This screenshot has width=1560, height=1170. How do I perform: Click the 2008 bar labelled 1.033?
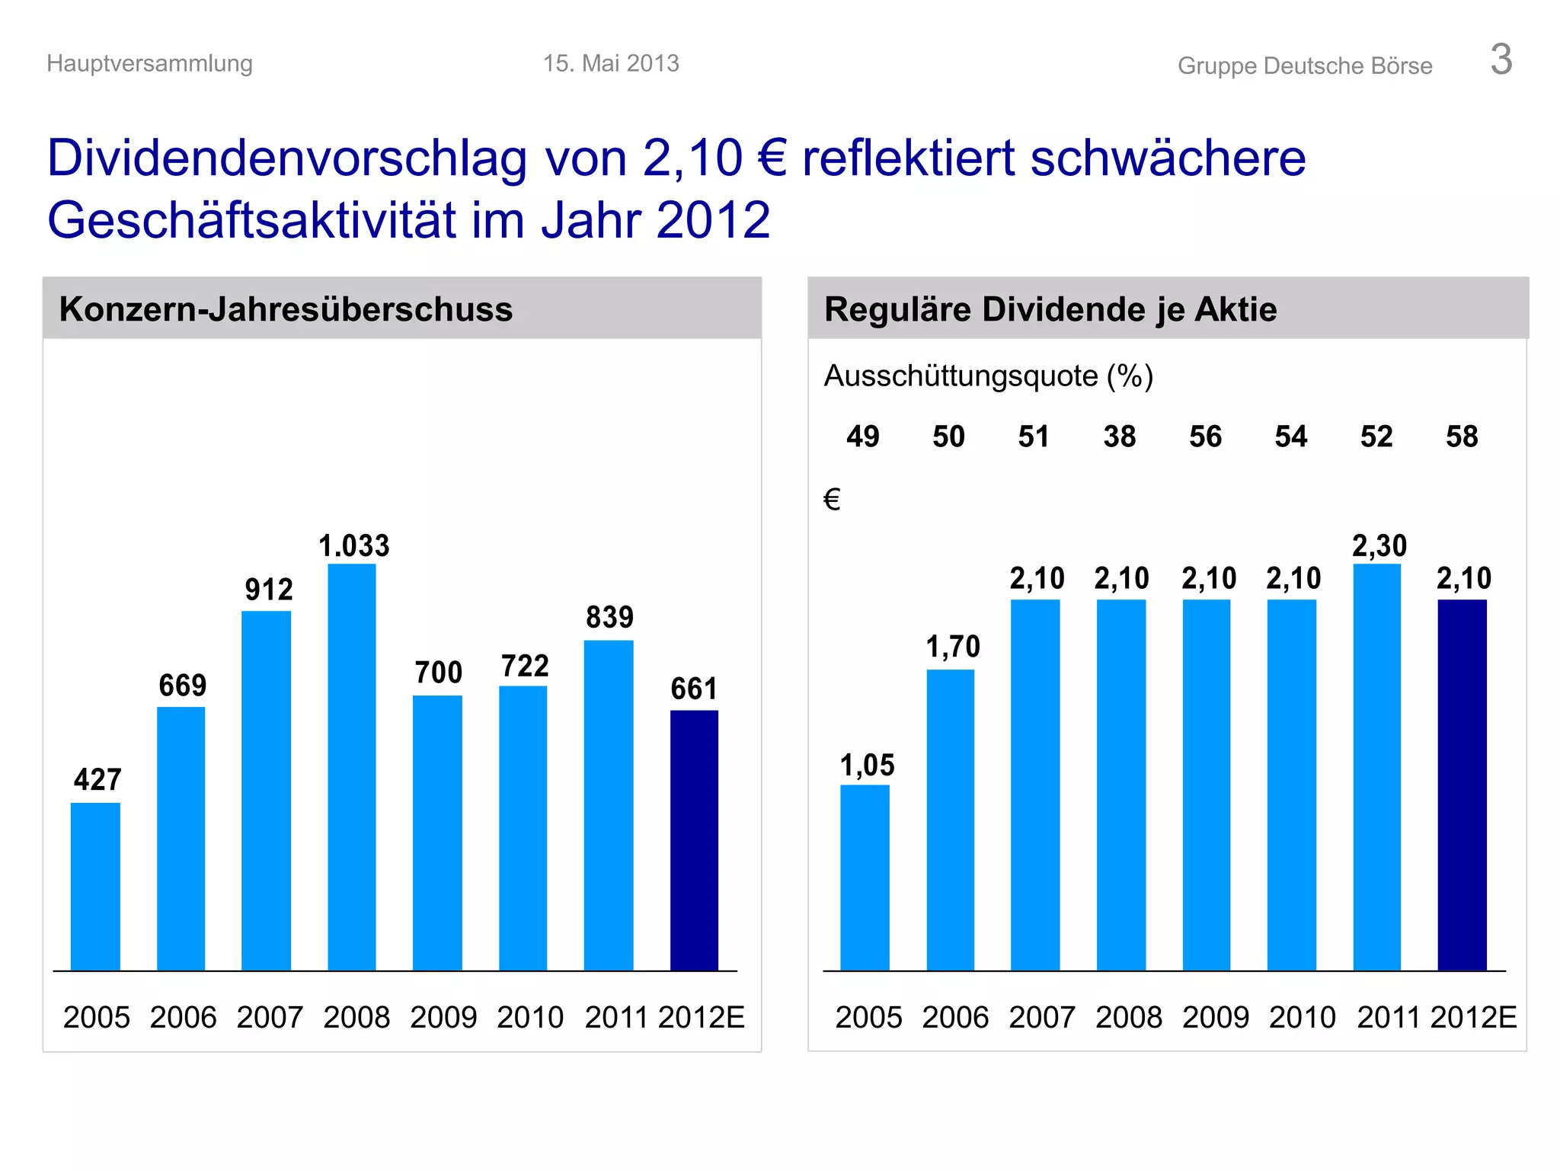pos(352,766)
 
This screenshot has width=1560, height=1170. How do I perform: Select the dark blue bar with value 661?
pos(694,839)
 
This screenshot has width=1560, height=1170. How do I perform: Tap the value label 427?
pos(97,779)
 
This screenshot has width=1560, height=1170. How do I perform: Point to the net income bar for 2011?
pos(609,804)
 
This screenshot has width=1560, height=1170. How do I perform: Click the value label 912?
pos(268,590)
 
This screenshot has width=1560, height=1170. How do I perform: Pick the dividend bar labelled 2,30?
pos(1377,766)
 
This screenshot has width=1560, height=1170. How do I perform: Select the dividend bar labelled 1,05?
pos(865,877)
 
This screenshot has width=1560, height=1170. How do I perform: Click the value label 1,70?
pos(952,647)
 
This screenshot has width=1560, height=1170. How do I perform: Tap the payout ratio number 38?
pos(1119,436)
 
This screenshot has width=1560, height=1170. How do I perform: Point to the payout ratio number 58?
pos(1461,436)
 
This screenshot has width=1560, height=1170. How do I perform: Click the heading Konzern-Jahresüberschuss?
pos(286,309)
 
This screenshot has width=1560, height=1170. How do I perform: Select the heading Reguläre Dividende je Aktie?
pos(1050,309)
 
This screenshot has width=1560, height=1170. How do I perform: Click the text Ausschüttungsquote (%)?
pos(988,376)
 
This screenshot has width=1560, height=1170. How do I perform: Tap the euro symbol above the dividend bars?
pos(832,500)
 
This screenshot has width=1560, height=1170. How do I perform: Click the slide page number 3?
pos(1501,59)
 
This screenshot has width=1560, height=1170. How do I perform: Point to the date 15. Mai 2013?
pos(611,63)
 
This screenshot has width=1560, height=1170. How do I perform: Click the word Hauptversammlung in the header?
pos(149,63)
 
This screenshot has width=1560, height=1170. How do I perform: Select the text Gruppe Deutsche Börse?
pos(1304,66)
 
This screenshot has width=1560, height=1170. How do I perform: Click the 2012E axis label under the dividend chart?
pos(1473,1017)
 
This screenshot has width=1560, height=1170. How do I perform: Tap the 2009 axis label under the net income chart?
pos(443,1017)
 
